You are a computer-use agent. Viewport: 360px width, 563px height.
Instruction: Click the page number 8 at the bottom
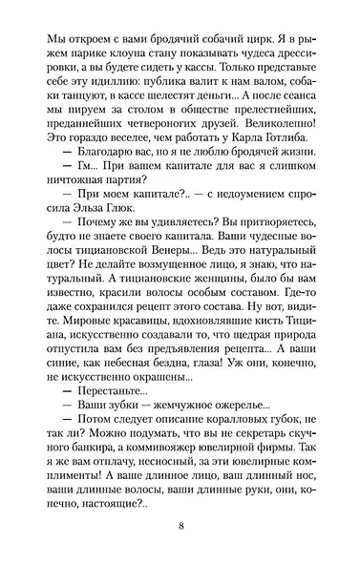180,528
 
